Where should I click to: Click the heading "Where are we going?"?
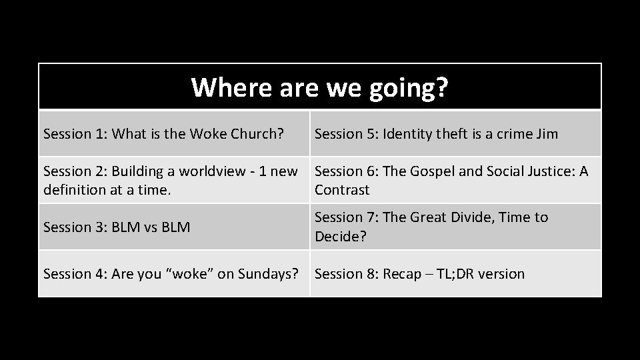[319, 87]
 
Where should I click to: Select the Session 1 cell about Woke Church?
[164, 134]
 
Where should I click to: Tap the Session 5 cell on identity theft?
[436, 134]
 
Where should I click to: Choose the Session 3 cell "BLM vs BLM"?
[117, 227]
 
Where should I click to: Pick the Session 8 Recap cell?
[419, 274]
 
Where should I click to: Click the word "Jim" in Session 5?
[546, 134]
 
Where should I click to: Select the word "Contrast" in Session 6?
[341, 190]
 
